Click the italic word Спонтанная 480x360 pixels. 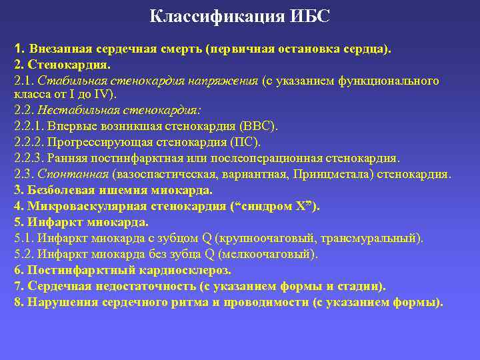tap(73, 174)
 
